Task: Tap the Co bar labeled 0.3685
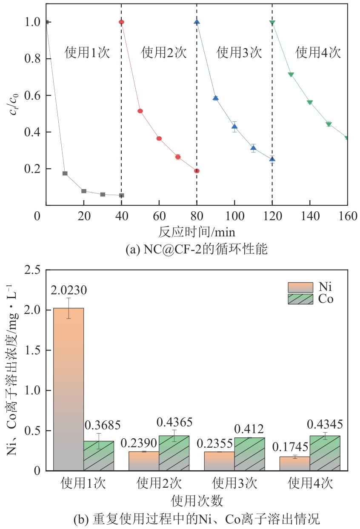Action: [99, 456]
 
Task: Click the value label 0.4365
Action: [174, 423]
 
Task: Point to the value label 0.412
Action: [249, 429]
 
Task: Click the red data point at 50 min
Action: [140, 111]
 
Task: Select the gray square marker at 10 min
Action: [65, 173]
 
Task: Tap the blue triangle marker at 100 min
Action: [234, 126]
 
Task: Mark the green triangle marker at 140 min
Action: [310, 102]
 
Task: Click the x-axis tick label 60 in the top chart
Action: [159, 216]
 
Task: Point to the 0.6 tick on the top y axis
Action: [33, 96]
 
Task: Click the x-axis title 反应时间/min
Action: [197, 232]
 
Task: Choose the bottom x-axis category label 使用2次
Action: [159, 484]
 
